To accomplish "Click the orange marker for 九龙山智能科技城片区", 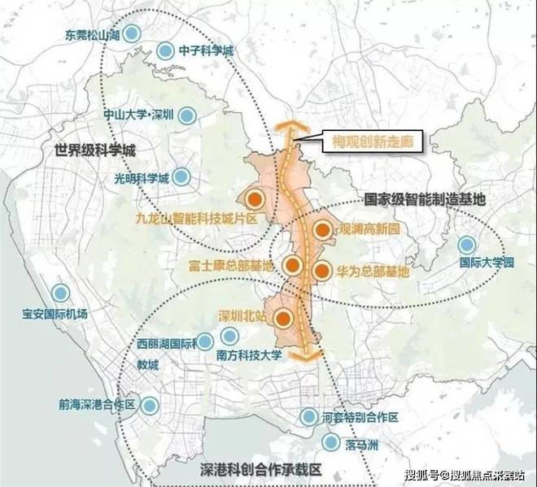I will click(255, 198).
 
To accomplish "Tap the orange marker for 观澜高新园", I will click(322, 231).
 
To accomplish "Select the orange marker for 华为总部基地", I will click(321, 271).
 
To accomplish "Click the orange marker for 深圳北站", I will click(283, 318).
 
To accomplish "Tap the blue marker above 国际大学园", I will click(466, 245).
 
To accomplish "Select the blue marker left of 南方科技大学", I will click(206, 341).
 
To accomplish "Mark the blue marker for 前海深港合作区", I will click(150, 405).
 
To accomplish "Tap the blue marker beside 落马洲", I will click(330, 441).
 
